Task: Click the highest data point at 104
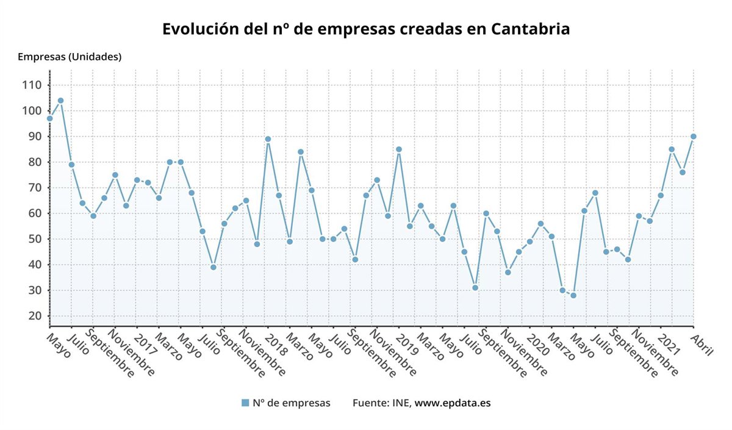[60, 101]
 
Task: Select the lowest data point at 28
[573, 295]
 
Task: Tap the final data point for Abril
[693, 137]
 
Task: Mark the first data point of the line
[49, 118]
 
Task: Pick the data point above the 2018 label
[268, 139]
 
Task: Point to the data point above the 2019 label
[398, 149]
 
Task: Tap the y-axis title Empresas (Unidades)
[70, 57]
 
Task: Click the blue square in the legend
[245, 403]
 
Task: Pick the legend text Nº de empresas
[291, 403]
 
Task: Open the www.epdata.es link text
[453, 403]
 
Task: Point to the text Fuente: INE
[382, 403]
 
